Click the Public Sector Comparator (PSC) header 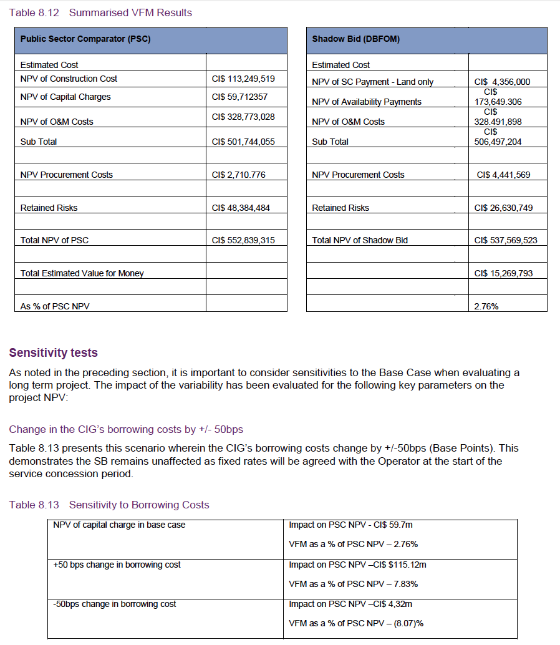[85, 39]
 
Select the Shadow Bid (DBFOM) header [355, 39]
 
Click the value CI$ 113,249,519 [243, 79]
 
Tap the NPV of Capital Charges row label [65, 97]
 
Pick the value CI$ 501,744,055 [243, 142]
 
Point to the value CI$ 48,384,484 [241, 208]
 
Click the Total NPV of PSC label [54, 240]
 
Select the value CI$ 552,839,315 [243, 240]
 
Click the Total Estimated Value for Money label [82, 273]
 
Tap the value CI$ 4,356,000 [502, 82]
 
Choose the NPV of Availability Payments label [367, 102]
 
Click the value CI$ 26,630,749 [503, 208]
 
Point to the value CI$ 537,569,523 [505, 240]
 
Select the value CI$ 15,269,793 [503, 273]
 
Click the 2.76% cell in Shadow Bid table [486, 306]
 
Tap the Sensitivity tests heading [53, 353]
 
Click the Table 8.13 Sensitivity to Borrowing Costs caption [109, 505]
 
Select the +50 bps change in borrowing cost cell [117, 565]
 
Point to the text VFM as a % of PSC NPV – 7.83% [353, 584]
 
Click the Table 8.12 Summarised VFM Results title [100, 12]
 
